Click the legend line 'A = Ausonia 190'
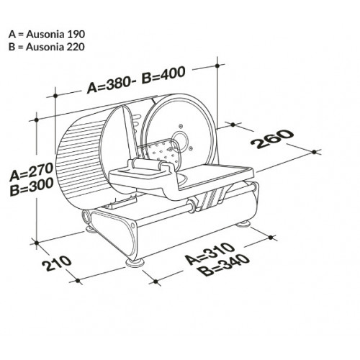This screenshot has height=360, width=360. (x=47, y=35)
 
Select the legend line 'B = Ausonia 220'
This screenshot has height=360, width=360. (x=47, y=47)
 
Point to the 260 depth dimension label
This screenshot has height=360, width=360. (x=272, y=139)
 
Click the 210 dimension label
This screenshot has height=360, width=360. (x=57, y=264)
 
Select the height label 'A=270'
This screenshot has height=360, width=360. (x=31, y=171)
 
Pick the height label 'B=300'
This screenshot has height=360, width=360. (x=32, y=187)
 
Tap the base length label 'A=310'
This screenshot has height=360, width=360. (x=210, y=253)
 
